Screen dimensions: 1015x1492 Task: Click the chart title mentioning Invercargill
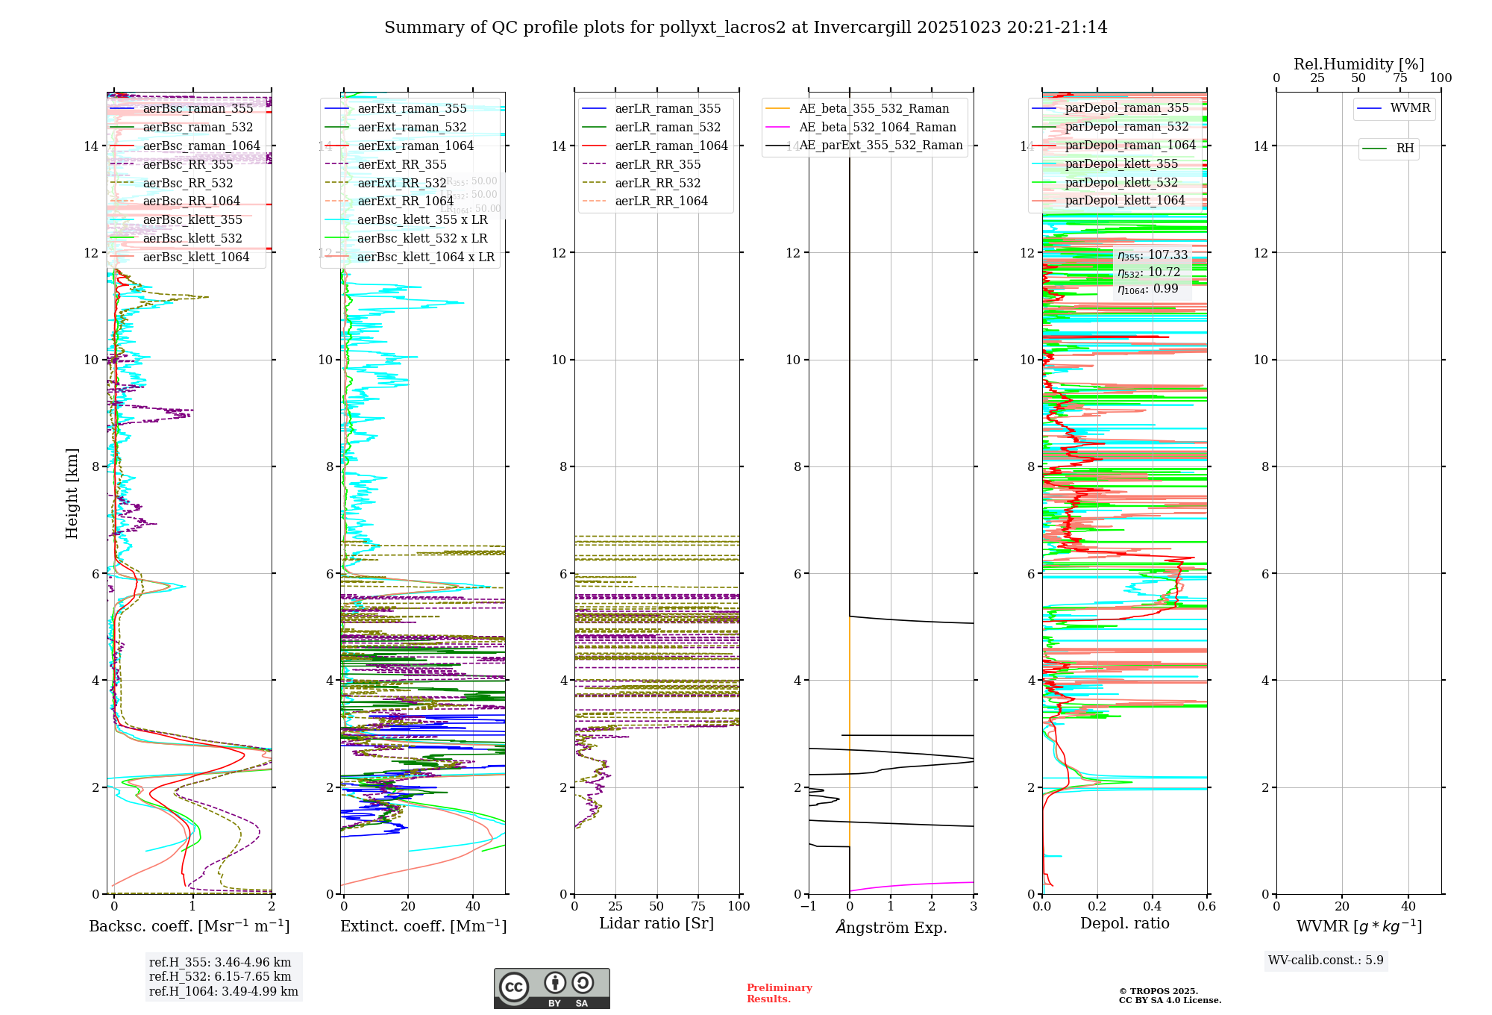(x=745, y=28)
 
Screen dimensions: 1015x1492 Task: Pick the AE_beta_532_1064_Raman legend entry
(x=877, y=128)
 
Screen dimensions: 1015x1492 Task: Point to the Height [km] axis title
(x=72, y=493)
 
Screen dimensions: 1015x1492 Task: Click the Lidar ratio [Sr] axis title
(x=656, y=924)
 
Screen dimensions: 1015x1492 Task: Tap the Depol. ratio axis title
(x=1124, y=924)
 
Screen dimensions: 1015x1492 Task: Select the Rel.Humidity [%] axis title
(x=1358, y=64)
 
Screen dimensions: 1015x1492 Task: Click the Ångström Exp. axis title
(x=891, y=928)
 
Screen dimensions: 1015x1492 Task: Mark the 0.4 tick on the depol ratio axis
(x=1152, y=907)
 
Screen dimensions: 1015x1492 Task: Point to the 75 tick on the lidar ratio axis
(x=698, y=907)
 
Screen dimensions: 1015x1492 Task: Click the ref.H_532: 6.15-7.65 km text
(x=220, y=977)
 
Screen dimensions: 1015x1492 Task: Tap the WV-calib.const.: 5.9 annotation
(x=1326, y=961)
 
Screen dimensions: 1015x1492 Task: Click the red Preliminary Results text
(x=779, y=993)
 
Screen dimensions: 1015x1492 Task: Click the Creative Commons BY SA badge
(x=551, y=989)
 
